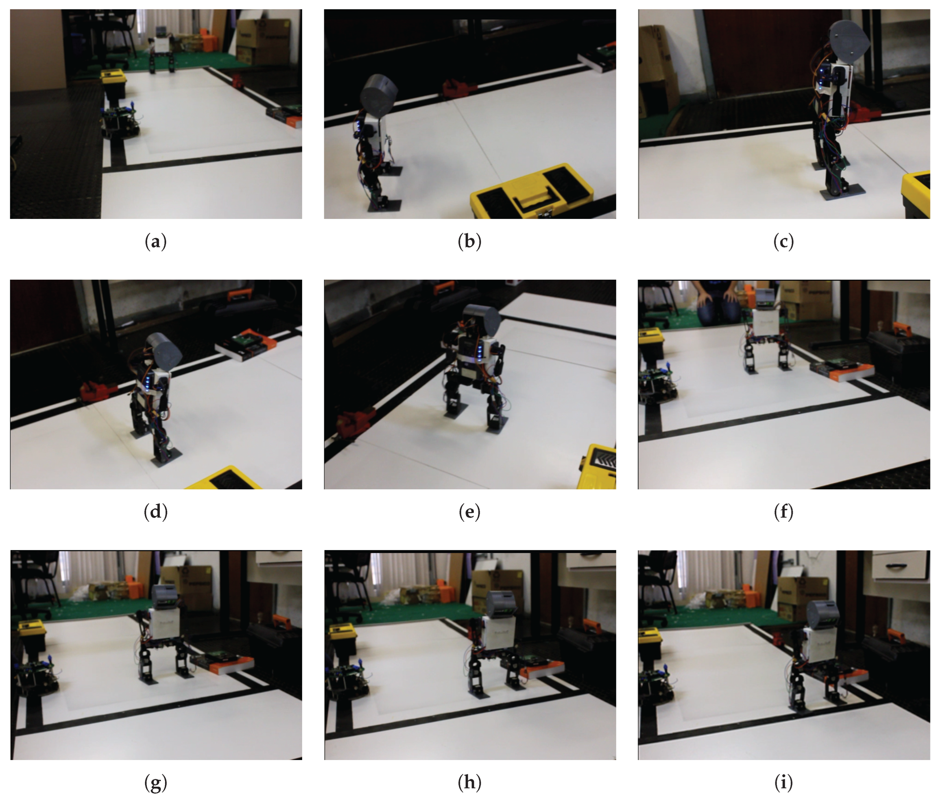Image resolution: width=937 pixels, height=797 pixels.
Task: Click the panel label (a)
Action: pyautogui.click(x=156, y=242)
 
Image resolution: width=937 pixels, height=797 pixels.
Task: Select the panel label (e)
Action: pyautogui.click(x=469, y=512)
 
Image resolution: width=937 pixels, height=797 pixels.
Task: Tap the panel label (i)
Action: pyautogui.click(x=783, y=782)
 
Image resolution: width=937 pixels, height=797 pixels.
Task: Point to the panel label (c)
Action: pyautogui.click(x=783, y=242)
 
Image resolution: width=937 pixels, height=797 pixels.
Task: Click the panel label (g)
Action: pyautogui.click(x=156, y=782)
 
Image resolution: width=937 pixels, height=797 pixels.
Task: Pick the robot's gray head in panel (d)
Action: pyautogui.click(x=164, y=348)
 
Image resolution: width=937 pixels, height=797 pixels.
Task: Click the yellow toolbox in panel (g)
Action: pyautogui.click(x=32, y=629)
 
